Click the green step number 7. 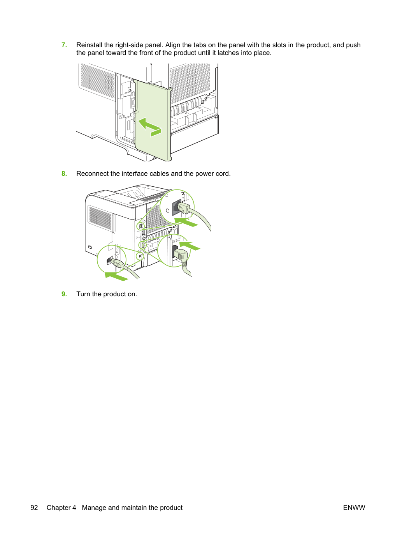click(64, 45)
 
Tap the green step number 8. click(64, 173)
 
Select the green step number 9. click(64, 294)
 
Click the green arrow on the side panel click(149, 126)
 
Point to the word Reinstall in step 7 click(89, 45)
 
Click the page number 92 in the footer click(34, 508)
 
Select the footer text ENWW click(354, 508)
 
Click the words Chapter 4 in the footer click(61, 508)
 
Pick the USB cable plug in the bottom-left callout click(118, 263)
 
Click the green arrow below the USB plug click(116, 276)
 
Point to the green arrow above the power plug click(190, 246)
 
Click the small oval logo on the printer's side click(90, 247)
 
